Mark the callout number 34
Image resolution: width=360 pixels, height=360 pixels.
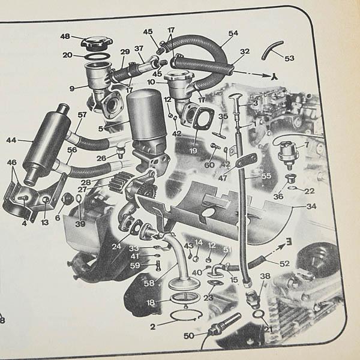(294, 206)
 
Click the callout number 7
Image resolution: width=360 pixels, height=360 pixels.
(307, 145)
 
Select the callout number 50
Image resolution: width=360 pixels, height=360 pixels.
(189, 337)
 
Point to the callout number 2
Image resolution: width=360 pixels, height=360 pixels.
(154, 327)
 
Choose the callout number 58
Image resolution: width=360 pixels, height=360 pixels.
(148, 283)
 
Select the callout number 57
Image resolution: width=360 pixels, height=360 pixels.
(82, 115)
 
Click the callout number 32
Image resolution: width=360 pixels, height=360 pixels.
(244, 52)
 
